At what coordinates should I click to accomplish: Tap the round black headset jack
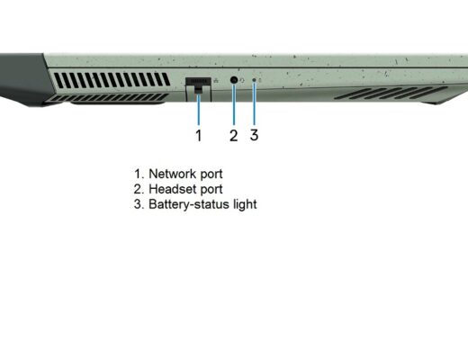pyautogui.click(x=234, y=80)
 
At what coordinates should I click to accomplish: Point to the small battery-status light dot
pyautogui.click(x=255, y=80)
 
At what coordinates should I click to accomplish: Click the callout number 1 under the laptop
pyautogui.click(x=199, y=135)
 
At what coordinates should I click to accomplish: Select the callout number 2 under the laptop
pyautogui.click(x=234, y=135)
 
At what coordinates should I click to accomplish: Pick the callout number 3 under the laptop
pyautogui.click(x=254, y=135)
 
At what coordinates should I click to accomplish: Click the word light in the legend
pyautogui.click(x=245, y=205)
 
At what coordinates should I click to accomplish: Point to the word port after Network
pyautogui.click(x=211, y=175)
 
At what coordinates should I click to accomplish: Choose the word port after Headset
pyautogui.click(x=211, y=190)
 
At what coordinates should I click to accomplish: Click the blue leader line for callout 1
pyautogui.click(x=198, y=109)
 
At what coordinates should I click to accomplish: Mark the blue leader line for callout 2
pyautogui.click(x=234, y=104)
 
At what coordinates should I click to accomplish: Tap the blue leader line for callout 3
pyautogui.click(x=255, y=103)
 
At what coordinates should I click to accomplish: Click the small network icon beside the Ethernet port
pyautogui.click(x=216, y=80)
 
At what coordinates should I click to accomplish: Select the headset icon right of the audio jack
pyautogui.click(x=242, y=80)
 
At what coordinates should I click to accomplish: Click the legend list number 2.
pyautogui.click(x=139, y=189)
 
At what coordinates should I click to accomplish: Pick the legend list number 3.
pyautogui.click(x=139, y=204)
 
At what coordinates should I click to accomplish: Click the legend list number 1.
pyautogui.click(x=139, y=174)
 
